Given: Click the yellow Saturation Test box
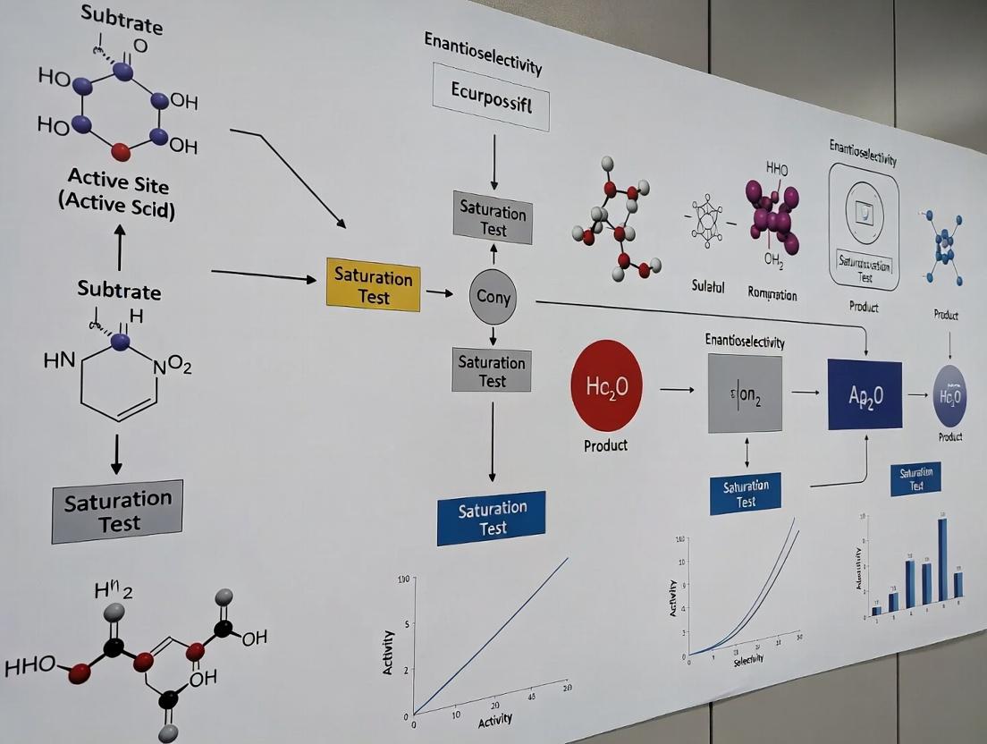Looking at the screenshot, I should point(373,284).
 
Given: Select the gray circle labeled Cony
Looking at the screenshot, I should point(493,296).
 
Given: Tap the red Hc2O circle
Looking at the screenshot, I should point(606,386).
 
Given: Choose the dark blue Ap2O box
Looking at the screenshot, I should point(864,394).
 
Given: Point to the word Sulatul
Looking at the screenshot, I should point(708,287).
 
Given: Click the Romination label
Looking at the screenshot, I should point(772,294).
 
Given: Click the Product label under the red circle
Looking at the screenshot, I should point(605,444).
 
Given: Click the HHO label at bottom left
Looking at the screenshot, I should point(30,666).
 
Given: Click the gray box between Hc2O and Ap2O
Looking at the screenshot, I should point(745,393).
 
